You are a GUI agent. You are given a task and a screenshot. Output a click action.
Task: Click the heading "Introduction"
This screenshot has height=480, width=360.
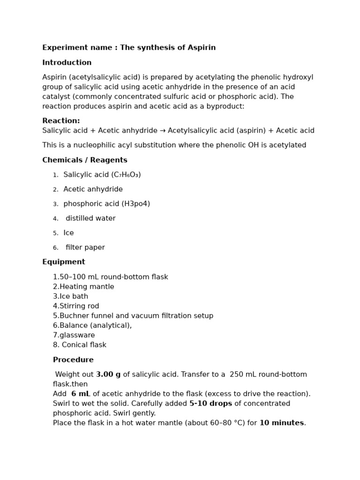[67, 63]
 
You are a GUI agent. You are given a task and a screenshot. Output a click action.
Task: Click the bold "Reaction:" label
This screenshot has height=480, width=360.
[61, 121]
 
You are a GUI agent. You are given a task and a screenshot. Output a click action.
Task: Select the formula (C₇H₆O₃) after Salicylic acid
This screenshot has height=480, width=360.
[126, 175]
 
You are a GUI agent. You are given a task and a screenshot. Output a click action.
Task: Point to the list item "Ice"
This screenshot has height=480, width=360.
[68, 233]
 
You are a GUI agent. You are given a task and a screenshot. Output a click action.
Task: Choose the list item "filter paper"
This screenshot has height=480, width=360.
[85, 247]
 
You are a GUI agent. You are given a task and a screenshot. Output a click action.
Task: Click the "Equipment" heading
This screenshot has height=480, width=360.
[64, 262]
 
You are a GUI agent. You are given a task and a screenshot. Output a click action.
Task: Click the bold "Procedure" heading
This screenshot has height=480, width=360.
[73, 360]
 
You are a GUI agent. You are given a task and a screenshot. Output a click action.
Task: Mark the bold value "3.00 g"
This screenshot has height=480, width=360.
[108, 375]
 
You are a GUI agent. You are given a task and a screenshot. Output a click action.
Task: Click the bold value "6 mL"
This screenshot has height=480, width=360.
[81, 394]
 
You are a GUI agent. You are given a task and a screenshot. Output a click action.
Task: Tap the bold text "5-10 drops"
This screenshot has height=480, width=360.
[210, 404]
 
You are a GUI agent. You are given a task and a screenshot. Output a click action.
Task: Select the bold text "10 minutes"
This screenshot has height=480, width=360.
[282, 423]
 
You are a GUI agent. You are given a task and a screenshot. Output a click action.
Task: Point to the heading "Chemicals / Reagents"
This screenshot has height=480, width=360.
[85, 160]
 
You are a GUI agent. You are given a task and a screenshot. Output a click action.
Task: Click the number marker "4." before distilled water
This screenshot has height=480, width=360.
[56, 219]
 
